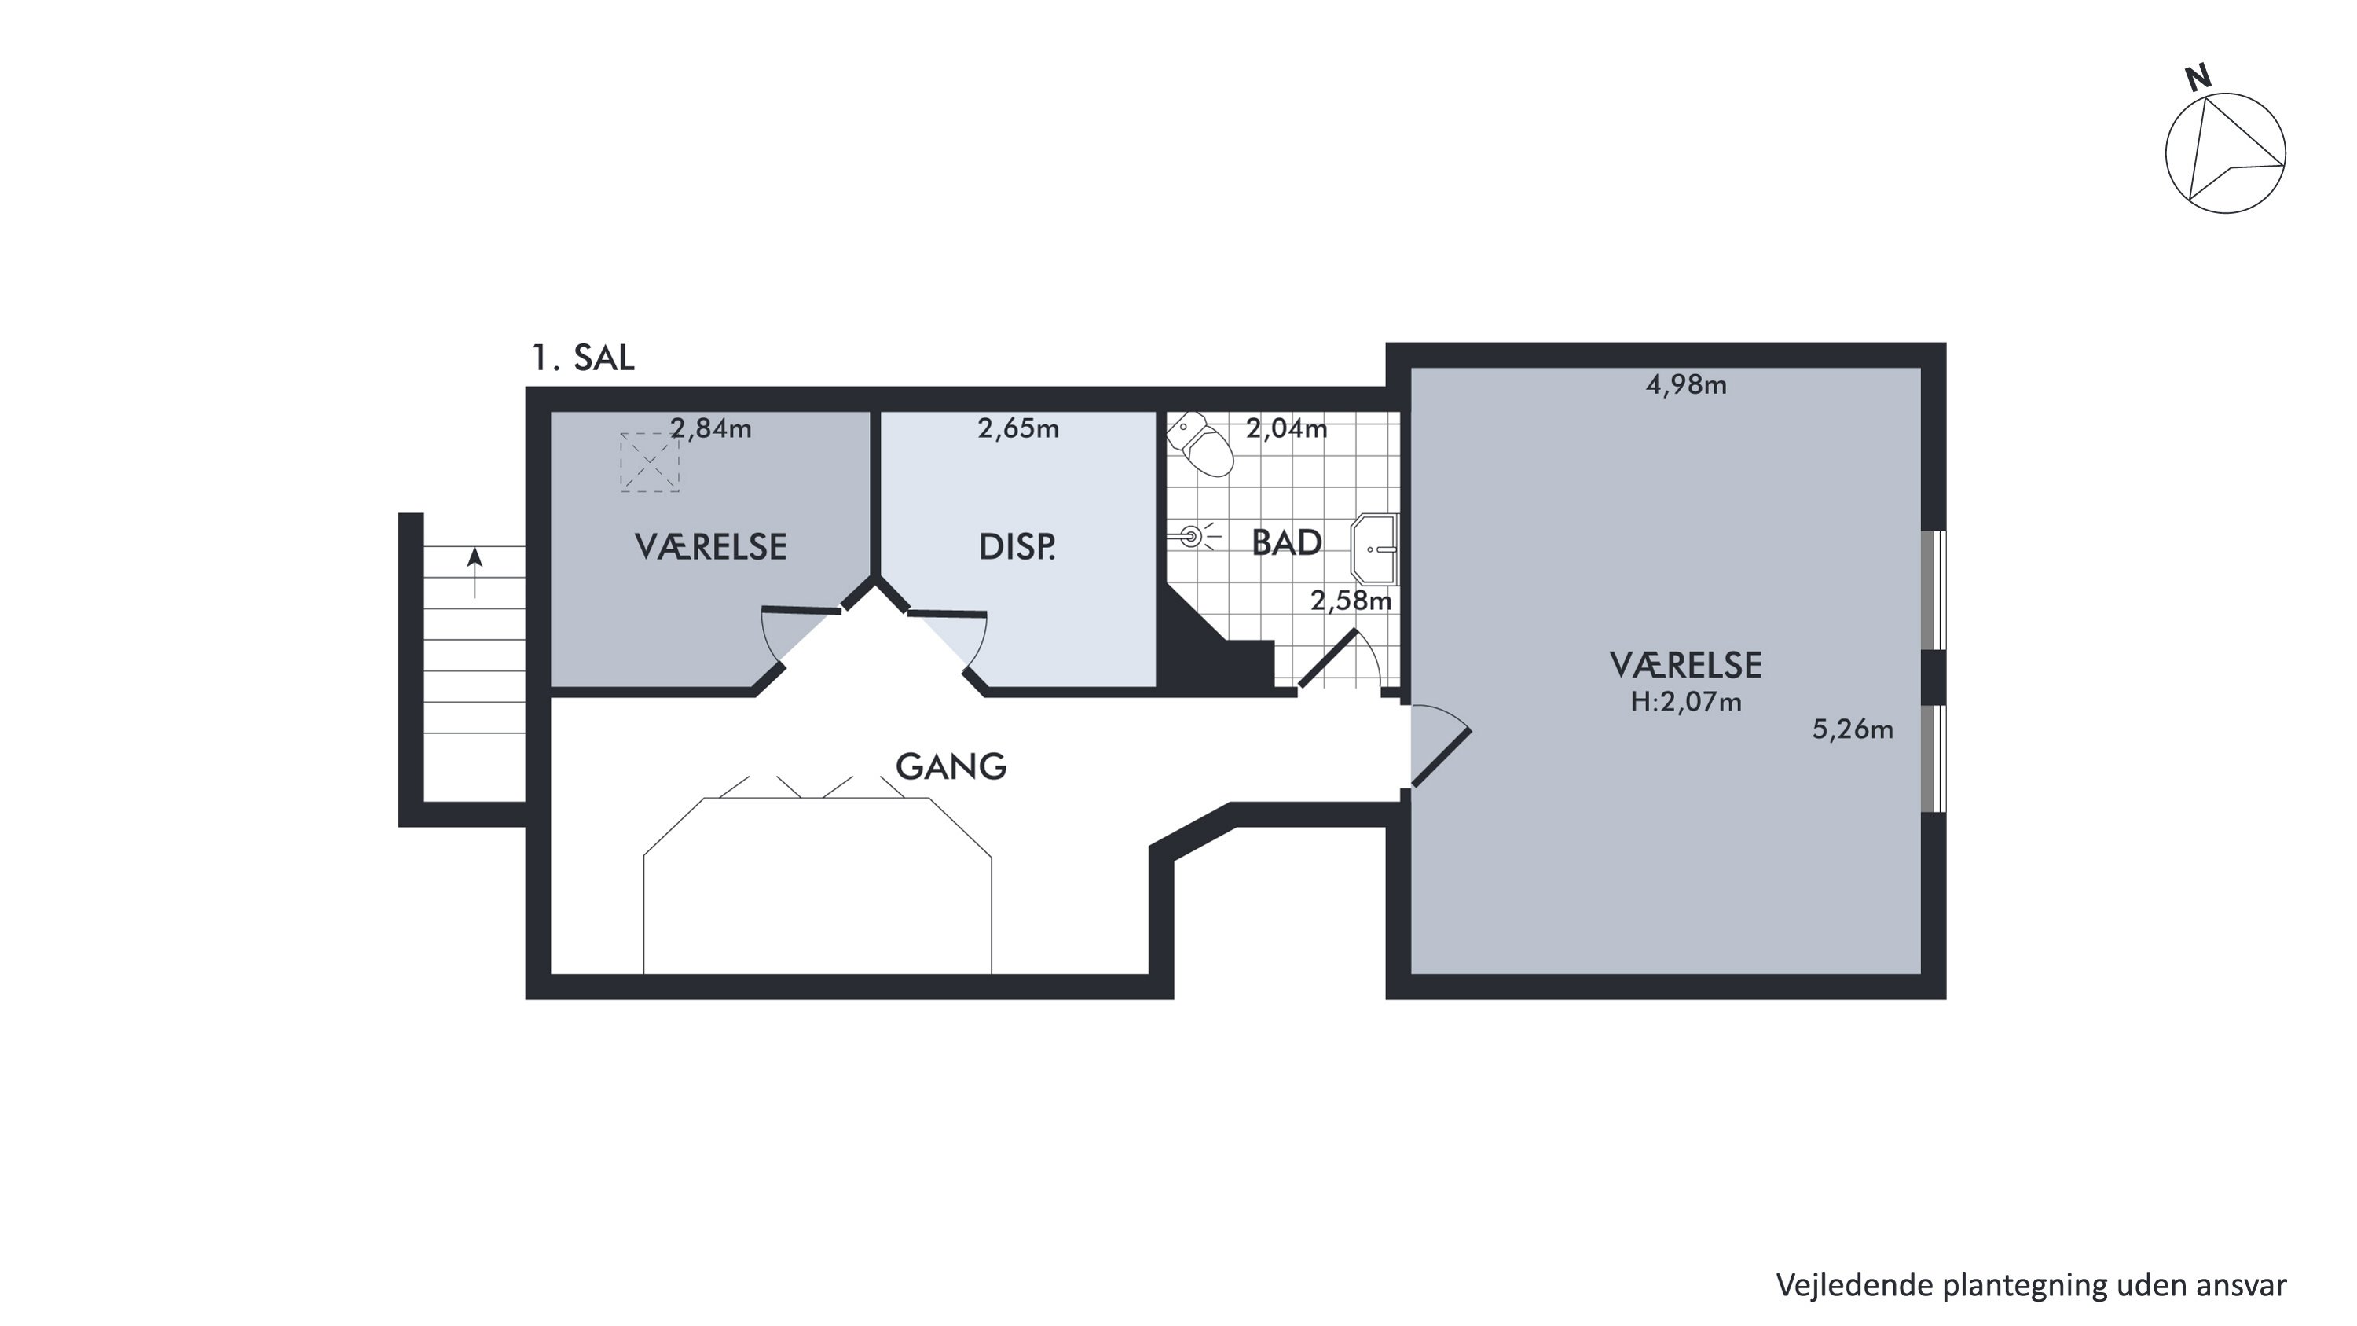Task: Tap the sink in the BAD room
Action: coord(1374,549)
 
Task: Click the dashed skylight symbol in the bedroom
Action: coord(650,462)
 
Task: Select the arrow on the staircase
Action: coord(474,572)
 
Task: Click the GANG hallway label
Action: coord(951,766)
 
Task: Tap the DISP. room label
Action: coord(1017,547)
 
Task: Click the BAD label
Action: coord(1286,542)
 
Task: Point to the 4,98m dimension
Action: coord(1686,385)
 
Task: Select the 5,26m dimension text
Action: coord(1853,729)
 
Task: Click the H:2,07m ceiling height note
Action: coord(1686,702)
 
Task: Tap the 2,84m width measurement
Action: coord(711,428)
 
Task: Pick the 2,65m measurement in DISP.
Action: coord(1018,428)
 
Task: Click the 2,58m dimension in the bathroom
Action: coord(1351,601)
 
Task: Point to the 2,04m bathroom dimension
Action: coord(1286,428)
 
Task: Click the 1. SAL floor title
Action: coord(583,358)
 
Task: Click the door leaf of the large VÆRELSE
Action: coord(1442,758)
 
